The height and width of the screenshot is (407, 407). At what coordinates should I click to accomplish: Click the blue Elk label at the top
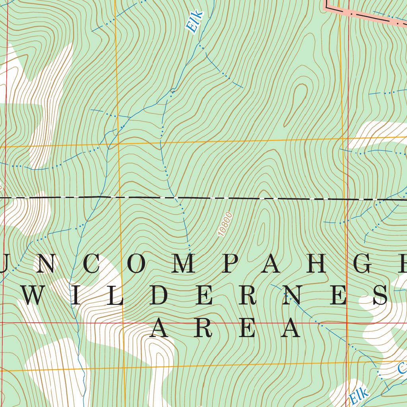[195, 21]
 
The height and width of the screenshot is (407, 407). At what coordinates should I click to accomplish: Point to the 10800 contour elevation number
[225, 225]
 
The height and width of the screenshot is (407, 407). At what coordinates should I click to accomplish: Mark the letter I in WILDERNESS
[76, 296]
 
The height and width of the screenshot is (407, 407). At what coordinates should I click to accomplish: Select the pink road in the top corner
[366, 13]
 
